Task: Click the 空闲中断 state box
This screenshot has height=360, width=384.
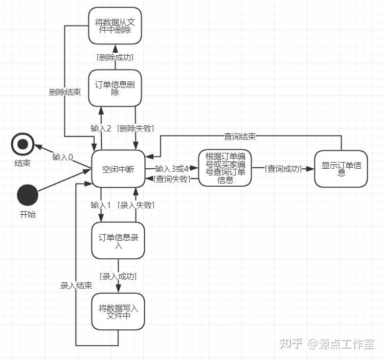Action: tap(118, 169)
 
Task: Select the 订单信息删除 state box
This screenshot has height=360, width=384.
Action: tap(118, 88)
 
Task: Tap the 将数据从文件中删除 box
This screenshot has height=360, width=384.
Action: tap(115, 26)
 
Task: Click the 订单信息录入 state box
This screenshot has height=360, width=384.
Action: tap(118, 241)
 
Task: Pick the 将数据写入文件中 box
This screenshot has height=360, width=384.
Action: tap(118, 311)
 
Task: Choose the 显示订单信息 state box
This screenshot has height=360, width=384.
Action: tap(341, 169)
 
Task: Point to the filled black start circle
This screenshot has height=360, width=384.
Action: tap(28, 196)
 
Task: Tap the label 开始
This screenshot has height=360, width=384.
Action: tap(28, 214)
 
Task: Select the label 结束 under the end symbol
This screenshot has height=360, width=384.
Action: tap(22, 164)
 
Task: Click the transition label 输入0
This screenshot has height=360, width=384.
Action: tap(62, 156)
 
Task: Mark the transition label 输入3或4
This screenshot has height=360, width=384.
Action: tap(172, 169)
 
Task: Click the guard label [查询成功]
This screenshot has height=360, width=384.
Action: tap(284, 169)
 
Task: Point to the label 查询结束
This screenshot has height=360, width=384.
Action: tap(240, 136)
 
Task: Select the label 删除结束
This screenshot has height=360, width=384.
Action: tap(64, 92)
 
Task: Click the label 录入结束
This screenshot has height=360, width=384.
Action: tap(76, 285)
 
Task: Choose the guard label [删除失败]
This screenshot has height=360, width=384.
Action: tap(135, 128)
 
